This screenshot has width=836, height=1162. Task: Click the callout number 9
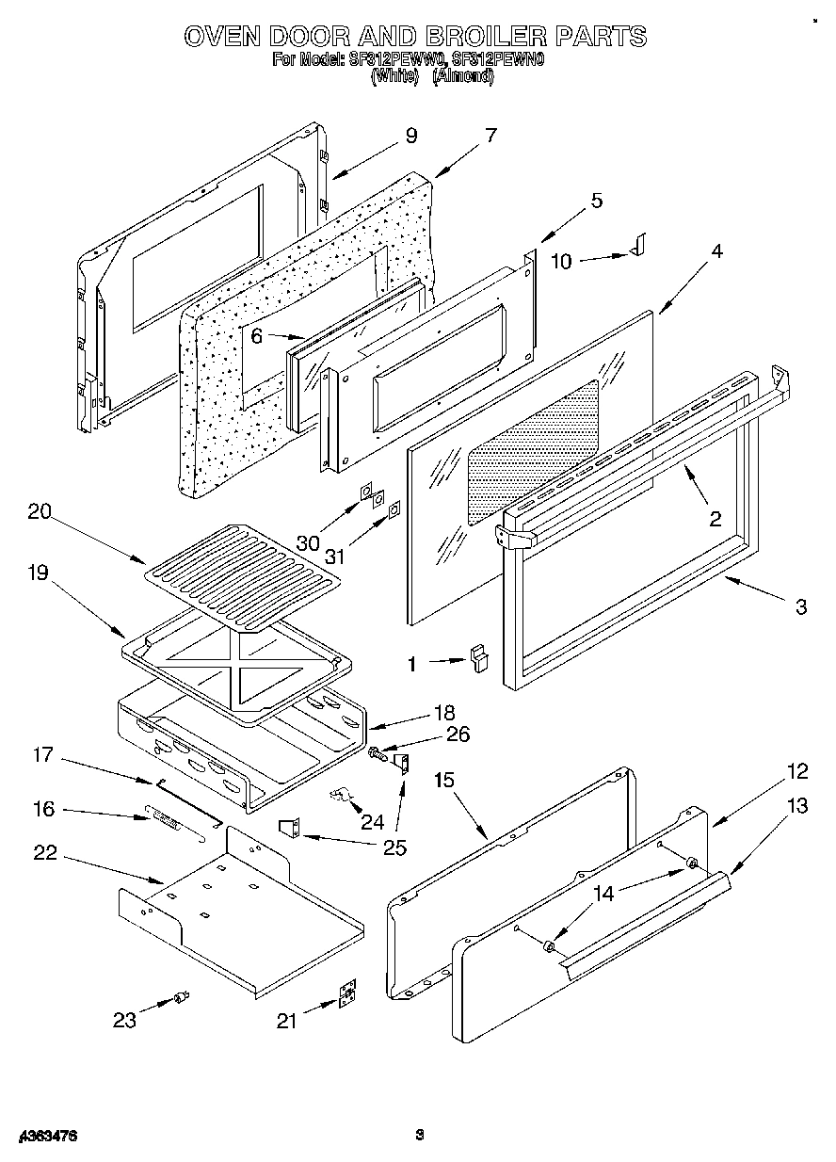pos(410,136)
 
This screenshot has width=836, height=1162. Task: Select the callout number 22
pos(44,853)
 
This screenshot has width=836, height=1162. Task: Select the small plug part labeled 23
pos(183,997)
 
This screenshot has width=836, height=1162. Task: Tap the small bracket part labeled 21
pos(348,993)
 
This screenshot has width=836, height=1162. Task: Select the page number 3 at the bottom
pos(421,1136)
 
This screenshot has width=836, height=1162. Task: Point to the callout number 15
pos(444,780)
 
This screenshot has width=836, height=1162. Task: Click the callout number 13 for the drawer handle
pos(797,805)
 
